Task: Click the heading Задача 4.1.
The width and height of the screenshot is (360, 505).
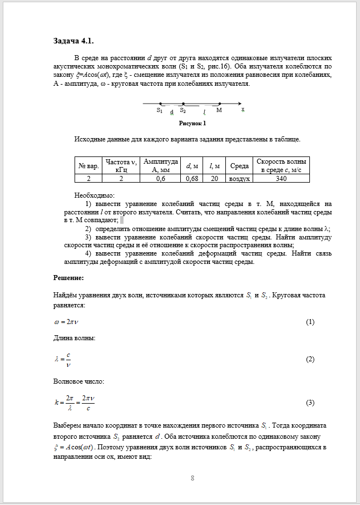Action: tap(77, 41)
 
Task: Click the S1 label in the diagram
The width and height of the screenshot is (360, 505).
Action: tap(159, 110)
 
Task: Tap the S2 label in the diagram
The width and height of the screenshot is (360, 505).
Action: tap(183, 110)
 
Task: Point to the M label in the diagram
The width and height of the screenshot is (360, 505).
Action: tap(219, 110)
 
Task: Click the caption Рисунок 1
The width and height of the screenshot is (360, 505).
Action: tap(192, 123)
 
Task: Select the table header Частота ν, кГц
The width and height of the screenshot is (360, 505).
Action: tap(119, 165)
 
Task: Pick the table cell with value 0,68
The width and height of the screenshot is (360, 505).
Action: tap(191, 179)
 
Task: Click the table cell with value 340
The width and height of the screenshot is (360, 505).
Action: tap(281, 179)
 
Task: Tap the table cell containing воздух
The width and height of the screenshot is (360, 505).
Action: tap(239, 179)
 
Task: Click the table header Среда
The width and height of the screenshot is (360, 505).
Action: tap(239, 165)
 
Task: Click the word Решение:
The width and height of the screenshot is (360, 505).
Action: tap(68, 277)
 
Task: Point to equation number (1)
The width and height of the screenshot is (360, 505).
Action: tap(310, 322)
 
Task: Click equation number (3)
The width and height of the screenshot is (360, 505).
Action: tap(310, 403)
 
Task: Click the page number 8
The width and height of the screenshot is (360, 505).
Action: tap(193, 478)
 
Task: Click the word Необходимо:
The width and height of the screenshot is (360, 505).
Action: tap(94, 195)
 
